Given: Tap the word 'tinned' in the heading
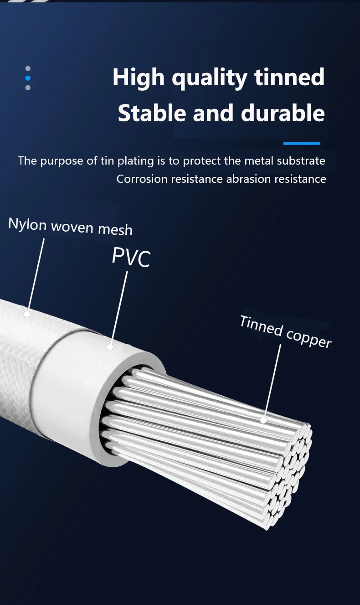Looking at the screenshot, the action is (x=289, y=77).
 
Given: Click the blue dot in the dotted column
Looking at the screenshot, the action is (x=28, y=78).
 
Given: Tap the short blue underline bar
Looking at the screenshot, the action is (x=302, y=144).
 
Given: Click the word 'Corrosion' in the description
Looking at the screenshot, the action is (x=142, y=179).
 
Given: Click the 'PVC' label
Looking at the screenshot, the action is (x=131, y=257).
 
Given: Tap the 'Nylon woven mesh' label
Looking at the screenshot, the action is (x=70, y=226).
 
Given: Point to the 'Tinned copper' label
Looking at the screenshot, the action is (x=285, y=331).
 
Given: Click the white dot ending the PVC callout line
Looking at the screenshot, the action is (x=110, y=347).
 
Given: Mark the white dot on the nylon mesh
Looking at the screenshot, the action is (x=27, y=314).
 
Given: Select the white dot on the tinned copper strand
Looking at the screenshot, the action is (x=263, y=420).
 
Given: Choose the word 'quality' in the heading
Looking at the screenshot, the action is (x=210, y=78).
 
